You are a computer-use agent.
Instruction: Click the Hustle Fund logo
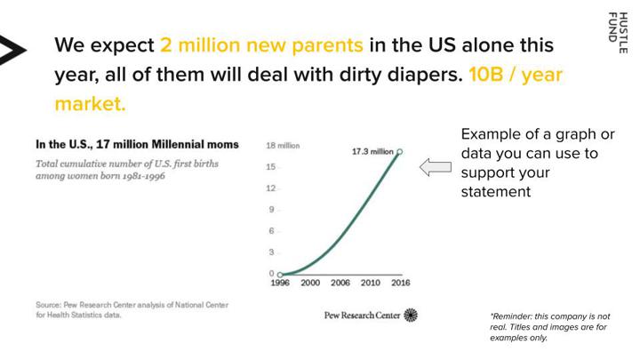(618, 33)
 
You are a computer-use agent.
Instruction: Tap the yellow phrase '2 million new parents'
(261, 45)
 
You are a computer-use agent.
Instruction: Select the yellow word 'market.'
(90, 104)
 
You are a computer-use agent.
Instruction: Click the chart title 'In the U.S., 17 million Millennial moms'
(137, 145)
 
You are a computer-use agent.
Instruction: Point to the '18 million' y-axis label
(283, 146)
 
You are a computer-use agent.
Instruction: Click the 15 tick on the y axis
(271, 167)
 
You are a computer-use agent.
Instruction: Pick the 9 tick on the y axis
(271, 210)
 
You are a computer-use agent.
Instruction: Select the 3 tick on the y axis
(271, 252)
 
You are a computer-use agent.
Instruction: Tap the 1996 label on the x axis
(280, 283)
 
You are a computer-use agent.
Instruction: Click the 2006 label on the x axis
(340, 283)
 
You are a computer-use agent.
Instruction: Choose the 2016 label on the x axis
(400, 283)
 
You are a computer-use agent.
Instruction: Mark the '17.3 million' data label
(372, 151)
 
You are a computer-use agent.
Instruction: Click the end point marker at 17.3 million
(400, 152)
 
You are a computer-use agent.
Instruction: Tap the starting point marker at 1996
(280, 275)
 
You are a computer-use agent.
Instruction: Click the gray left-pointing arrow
(436, 167)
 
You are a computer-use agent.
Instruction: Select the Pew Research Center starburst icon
(411, 315)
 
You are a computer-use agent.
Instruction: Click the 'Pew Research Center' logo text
(362, 315)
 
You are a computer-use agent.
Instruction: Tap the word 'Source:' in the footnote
(49, 305)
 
